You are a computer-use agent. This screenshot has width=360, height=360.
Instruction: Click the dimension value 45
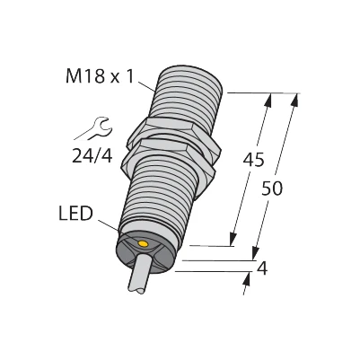pos(256,162)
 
